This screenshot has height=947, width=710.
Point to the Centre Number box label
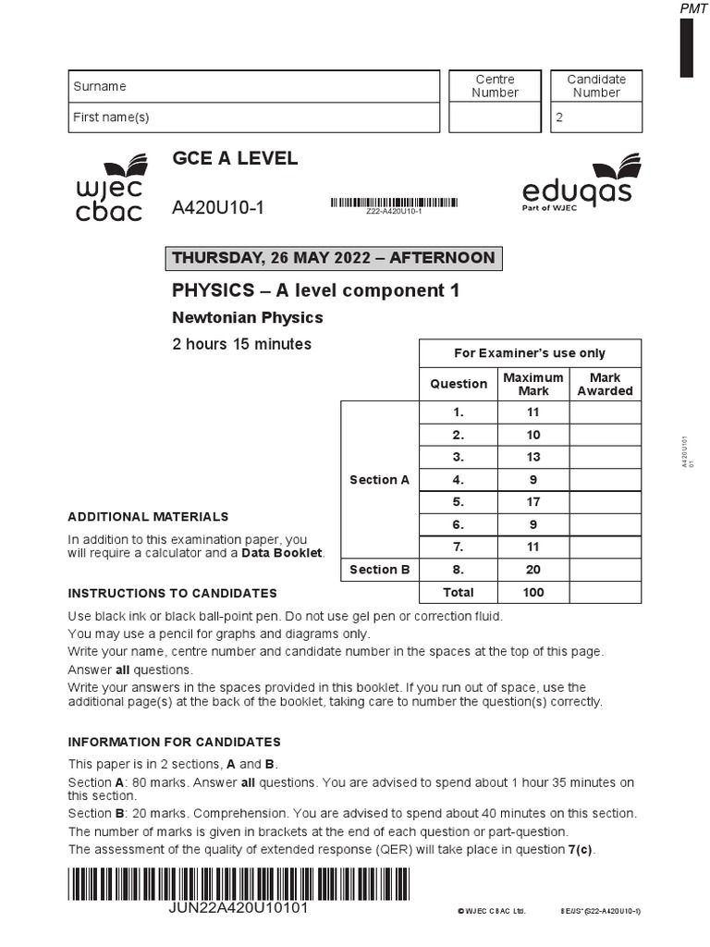pos(495,86)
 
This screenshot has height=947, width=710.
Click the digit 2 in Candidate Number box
pos(558,118)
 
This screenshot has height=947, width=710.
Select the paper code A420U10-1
pos(218,208)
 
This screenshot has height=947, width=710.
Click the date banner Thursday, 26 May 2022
pos(334,258)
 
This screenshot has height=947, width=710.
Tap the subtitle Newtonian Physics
pos(248,317)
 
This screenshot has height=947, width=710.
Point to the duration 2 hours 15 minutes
pos(242,344)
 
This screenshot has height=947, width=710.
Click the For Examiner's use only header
pos(530,353)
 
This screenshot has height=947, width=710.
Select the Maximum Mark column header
pos(532,384)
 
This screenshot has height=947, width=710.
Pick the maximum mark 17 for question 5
pos(532,502)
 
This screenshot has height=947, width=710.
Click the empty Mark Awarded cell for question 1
pos(605,412)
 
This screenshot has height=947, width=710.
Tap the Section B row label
pos(380,570)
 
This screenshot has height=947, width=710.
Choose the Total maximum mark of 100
pos(532,592)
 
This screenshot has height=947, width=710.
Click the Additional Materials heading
pos(148,517)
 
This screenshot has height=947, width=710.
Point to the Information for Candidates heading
pos(175,742)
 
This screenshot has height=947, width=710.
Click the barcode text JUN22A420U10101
pos(239,908)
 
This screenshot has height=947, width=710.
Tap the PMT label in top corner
pos(693,8)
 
